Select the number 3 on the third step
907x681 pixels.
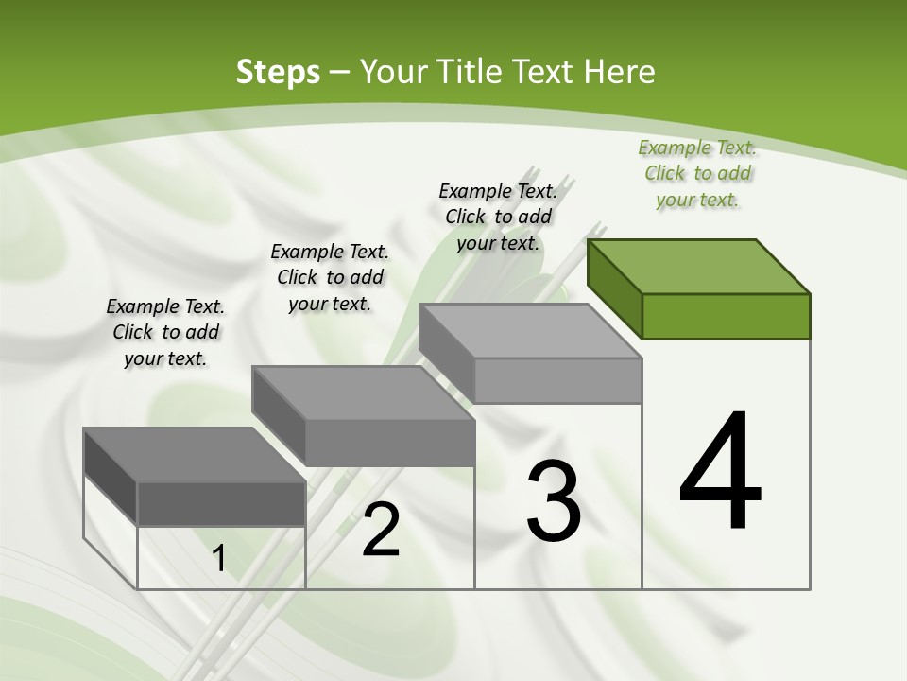coord(554,501)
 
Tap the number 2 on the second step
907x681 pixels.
coord(381,530)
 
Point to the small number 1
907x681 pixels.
coord(219,559)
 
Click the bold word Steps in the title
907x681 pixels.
coord(277,72)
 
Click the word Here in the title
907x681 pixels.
coord(620,72)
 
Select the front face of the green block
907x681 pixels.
coord(726,316)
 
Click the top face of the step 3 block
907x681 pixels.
coord(530,331)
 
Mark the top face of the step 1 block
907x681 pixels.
coord(195,455)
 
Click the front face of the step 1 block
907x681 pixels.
coord(221,504)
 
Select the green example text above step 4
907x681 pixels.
coord(697,174)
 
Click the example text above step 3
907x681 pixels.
coord(498,217)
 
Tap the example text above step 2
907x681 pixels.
coord(330,277)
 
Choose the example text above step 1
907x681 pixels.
coord(165,332)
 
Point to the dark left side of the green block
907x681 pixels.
coord(614,288)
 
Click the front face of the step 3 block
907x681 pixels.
coord(557,380)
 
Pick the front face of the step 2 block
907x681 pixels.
coord(389,443)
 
